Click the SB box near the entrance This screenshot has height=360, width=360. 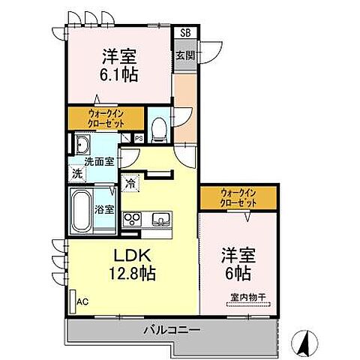point(184,33)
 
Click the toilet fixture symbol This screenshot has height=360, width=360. point(158,129)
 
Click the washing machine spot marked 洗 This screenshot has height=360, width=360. point(78,173)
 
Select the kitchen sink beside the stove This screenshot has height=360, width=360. point(160,220)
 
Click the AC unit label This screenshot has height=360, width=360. point(82,301)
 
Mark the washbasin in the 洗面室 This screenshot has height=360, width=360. point(82,144)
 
